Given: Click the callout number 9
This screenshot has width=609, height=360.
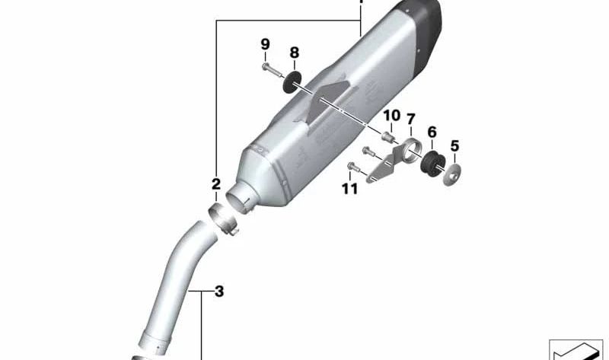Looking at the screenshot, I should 265,45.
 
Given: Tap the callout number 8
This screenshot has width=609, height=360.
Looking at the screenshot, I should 294,53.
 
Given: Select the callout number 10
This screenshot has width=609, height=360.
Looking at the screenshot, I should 391,116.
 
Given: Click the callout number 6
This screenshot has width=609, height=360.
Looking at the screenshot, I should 432,132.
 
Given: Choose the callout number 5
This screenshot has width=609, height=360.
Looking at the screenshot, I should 455,145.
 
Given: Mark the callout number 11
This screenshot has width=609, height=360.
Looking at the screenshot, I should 349,189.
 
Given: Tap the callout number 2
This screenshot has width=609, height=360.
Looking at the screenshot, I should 216,183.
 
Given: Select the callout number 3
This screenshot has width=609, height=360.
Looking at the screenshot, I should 218,291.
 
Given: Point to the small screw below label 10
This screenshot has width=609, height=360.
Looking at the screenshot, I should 387,136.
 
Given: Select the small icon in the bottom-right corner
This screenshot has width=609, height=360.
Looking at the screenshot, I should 575,349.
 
